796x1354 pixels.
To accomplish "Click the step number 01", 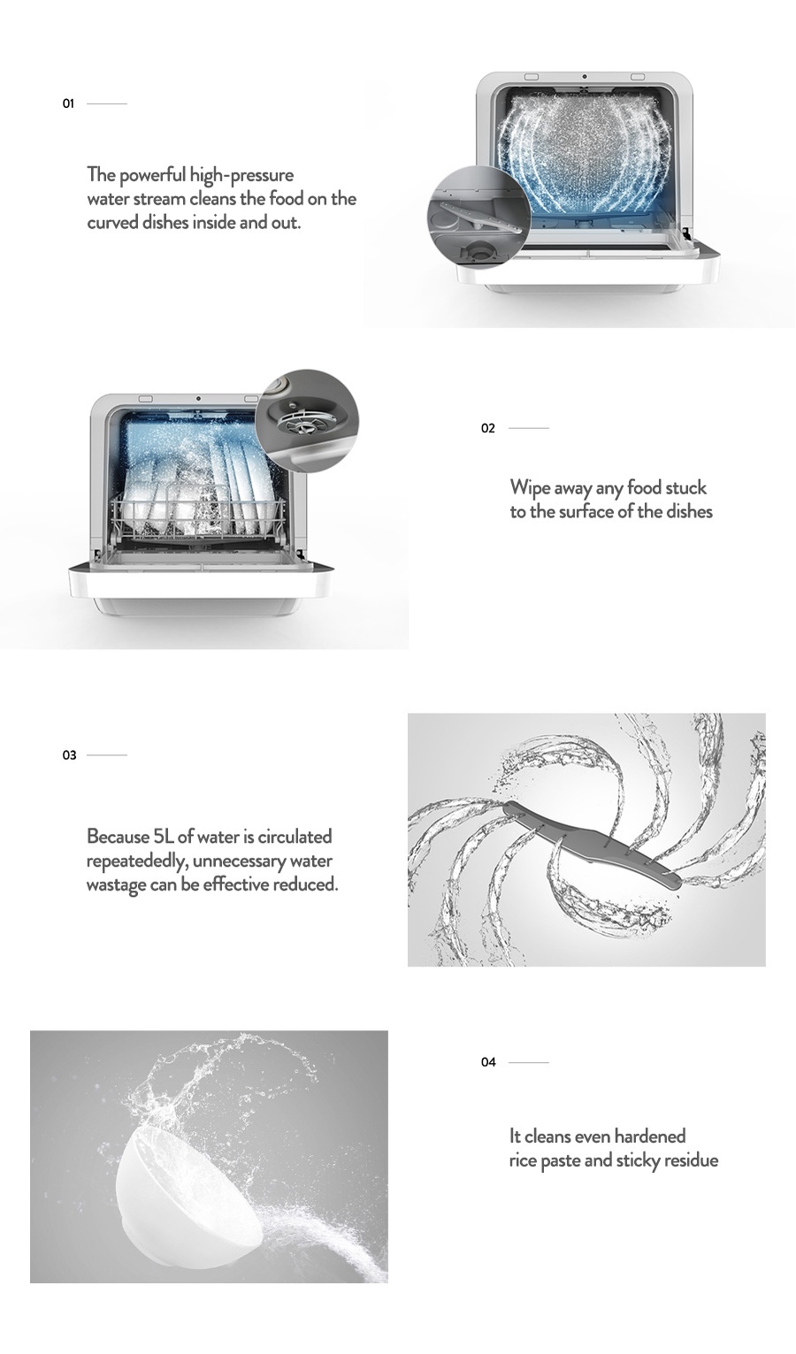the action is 68,103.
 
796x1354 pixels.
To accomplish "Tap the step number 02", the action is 487,428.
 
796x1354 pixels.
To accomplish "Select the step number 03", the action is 69,755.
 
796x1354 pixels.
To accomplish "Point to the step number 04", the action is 487,1062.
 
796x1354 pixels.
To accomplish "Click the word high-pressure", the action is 241,175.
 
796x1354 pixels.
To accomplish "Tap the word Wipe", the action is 530,488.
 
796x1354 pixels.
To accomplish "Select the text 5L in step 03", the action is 164,837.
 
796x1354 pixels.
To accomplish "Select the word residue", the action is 692,1160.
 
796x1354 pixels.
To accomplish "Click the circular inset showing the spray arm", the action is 478,216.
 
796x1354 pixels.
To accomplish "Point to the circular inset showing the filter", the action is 307,420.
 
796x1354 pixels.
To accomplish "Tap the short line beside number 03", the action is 107,755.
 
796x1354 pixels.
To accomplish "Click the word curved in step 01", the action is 112,223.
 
